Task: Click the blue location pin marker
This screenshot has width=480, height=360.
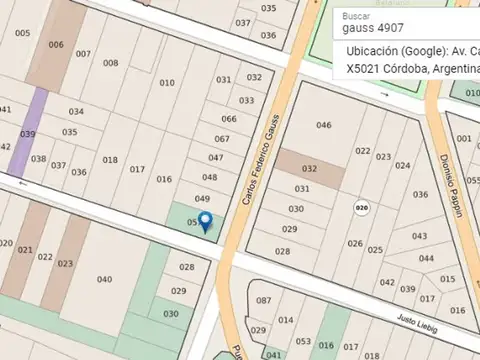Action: (x=205, y=222)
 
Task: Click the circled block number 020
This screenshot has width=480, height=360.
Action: (x=361, y=207)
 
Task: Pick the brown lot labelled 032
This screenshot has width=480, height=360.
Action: (x=310, y=169)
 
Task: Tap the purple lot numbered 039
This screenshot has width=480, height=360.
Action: (x=28, y=134)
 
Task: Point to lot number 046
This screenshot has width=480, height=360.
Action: (x=323, y=124)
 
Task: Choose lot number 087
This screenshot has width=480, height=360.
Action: (x=263, y=300)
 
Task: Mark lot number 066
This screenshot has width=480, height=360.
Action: (x=229, y=119)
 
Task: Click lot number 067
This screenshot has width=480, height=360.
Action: (x=221, y=139)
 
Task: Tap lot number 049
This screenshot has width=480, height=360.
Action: (x=202, y=198)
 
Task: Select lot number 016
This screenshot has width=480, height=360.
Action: (x=164, y=179)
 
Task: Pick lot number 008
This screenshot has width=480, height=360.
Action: (x=110, y=63)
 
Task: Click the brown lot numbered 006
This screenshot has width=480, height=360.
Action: (x=56, y=44)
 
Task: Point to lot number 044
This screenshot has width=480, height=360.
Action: (x=426, y=258)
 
